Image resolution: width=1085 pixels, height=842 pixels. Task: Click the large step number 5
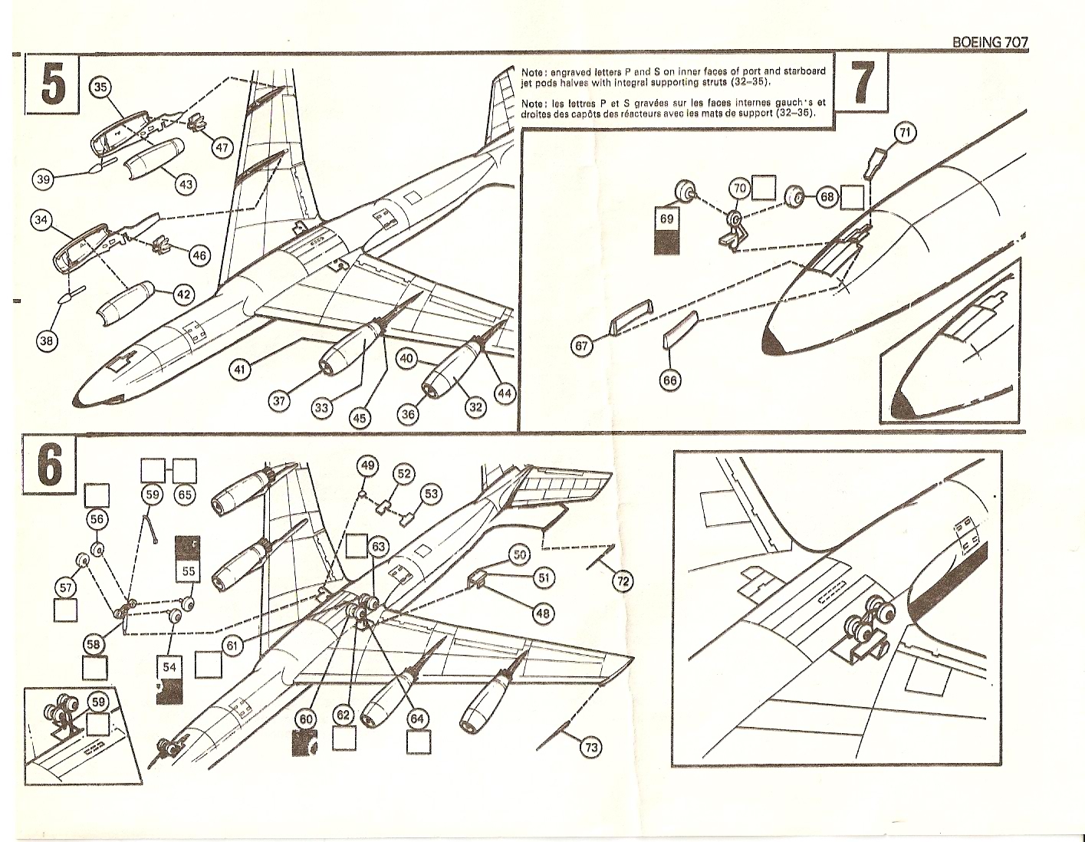pos(51,84)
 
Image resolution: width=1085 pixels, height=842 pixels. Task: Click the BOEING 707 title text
pos(989,43)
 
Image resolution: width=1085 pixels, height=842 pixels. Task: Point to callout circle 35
pos(100,87)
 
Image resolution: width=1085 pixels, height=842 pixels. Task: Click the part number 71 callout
pos(905,133)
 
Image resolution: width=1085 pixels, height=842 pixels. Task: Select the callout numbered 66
pos(670,380)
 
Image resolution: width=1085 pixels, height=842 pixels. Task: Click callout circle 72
pos(623,582)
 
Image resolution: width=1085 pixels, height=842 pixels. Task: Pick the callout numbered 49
pos(368,465)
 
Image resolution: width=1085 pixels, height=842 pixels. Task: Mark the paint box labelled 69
pos(666,230)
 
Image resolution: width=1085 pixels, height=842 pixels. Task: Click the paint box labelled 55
pos(189,561)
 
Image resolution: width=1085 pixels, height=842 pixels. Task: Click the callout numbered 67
pos(582,347)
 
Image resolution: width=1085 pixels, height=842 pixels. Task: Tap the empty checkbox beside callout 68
pos(853,197)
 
